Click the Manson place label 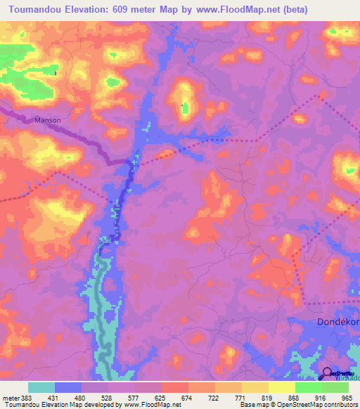tap(48, 120)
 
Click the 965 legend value tap(347, 398)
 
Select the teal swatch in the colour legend tap(41, 387)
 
